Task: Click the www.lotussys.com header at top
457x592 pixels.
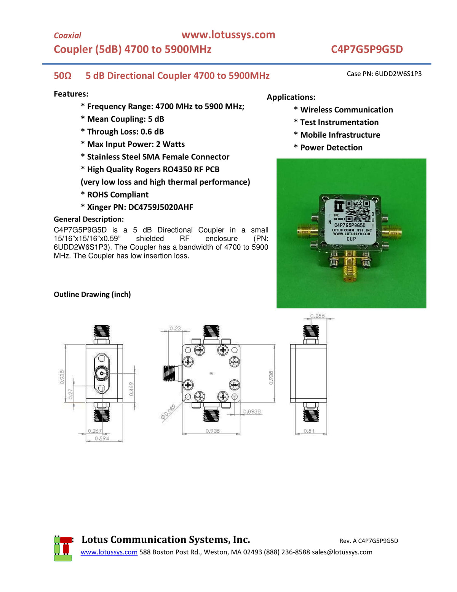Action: pyautogui.click(x=228, y=35)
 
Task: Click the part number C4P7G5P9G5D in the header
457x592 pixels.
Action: pyautogui.click(x=366, y=49)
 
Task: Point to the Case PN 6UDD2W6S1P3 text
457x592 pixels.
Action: pyautogui.click(x=384, y=74)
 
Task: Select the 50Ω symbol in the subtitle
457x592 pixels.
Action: pyautogui.click(x=62, y=75)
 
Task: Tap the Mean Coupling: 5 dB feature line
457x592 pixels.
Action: pyautogui.click(x=125, y=119)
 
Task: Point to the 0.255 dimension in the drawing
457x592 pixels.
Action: pyautogui.click(x=317, y=316)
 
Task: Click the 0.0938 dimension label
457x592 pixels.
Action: pyautogui.click(x=252, y=411)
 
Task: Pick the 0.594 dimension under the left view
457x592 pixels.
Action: pyautogui.click(x=102, y=438)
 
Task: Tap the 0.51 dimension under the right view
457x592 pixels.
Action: pyautogui.click(x=309, y=431)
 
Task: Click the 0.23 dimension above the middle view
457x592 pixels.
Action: pyautogui.click(x=175, y=328)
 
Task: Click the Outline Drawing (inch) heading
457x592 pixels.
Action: pyautogui.click(x=92, y=294)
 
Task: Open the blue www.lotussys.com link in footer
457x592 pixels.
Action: pyautogui.click(x=109, y=552)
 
